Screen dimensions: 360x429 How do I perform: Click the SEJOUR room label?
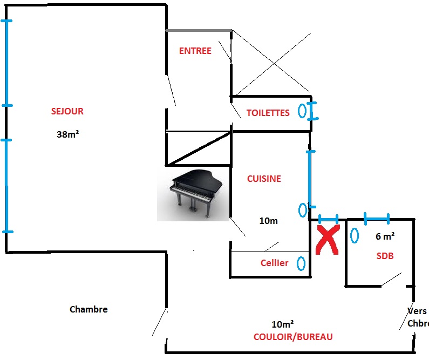[x=67, y=112]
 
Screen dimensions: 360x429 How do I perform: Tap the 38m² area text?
[x=67, y=135]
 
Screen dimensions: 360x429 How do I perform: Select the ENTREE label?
[x=195, y=51]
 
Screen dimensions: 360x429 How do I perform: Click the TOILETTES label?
[x=268, y=113]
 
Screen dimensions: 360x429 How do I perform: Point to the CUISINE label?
[x=264, y=179]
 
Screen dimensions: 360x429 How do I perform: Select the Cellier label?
[x=274, y=263]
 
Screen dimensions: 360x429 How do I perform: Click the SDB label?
[x=385, y=256]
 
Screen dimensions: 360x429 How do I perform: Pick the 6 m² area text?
[x=385, y=236]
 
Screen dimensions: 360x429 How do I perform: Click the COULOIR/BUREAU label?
[x=293, y=337]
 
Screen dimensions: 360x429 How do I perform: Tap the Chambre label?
[x=88, y=310]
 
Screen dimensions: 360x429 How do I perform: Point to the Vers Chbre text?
[x=417, y=318]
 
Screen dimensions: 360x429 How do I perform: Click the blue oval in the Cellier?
[x=301, y=264]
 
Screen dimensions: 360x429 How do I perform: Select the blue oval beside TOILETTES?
[x=302, y=111]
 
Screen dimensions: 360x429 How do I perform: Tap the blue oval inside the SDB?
[x=355, y=236]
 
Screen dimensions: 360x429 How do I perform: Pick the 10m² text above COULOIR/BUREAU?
[x=282, y=324]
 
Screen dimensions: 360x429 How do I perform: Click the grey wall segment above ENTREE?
[x=199, y=30]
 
